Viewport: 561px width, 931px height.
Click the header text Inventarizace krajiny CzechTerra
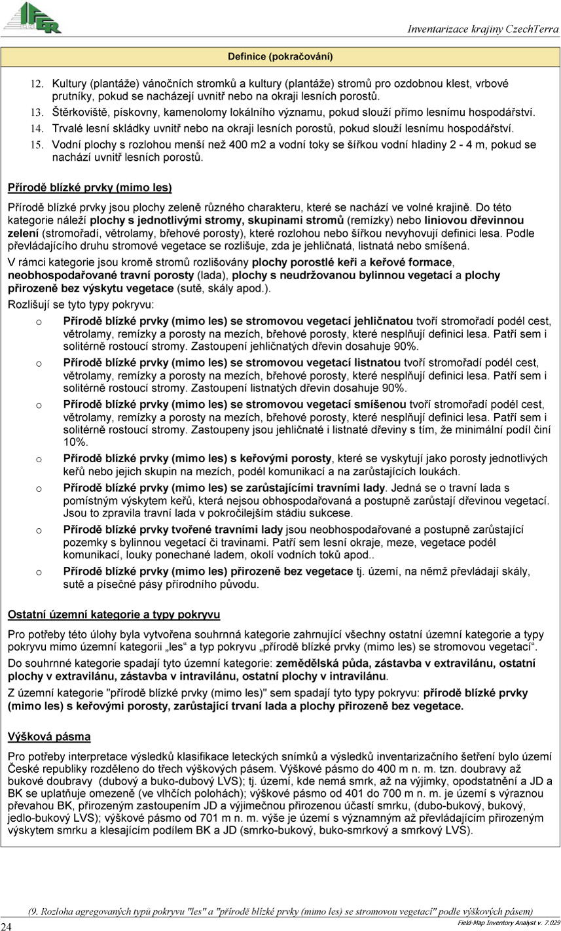tap(483, 29)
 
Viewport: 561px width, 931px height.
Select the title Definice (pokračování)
tap(280, 57)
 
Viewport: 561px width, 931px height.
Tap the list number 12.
tap(38, 84)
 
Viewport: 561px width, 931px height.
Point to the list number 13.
tap(38, 112)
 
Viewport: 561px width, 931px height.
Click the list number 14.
tap(38, 129)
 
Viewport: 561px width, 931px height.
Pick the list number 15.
tap(38, 144)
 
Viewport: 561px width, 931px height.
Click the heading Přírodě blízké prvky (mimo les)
tap(90, 188)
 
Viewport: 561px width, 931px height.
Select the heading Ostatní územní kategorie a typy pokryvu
tap(114, 615)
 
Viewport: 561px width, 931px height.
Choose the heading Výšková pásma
tap(49, 737)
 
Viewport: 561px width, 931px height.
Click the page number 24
tap(7, 926)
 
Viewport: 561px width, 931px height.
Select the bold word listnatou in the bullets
tap(378, 362)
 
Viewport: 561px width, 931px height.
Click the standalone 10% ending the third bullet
tap(71, 442)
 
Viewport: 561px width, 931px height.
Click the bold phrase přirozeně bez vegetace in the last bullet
tap(292, 571)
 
